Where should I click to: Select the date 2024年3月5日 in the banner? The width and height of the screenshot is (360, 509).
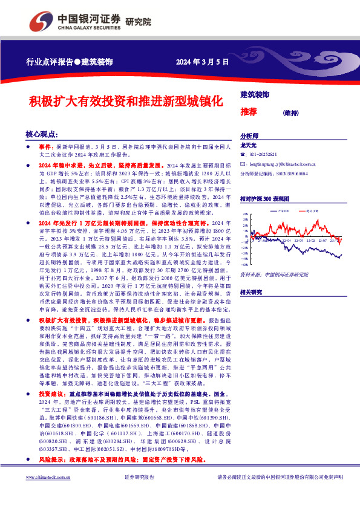[202, 62]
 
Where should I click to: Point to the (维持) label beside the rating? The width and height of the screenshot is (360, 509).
[291, 112]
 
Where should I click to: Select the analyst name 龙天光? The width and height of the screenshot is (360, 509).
[249, 145]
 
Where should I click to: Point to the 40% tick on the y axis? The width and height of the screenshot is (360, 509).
[244, 214]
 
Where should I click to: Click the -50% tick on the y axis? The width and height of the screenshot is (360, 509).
[244, 264]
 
